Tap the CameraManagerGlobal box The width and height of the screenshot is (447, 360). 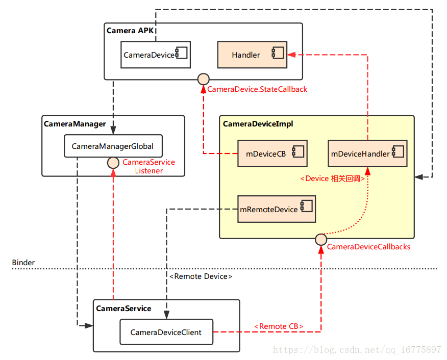point(112,146)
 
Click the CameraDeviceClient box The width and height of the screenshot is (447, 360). point(166,332)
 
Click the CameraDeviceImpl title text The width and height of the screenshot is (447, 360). point(258,124)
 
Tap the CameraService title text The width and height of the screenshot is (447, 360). point(123,308)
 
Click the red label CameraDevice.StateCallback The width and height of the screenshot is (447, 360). point(257,89)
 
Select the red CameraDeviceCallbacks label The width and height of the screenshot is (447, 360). point(368,247)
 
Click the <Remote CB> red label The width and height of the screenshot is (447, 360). point(279,326)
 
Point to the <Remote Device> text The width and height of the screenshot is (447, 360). point(201,276)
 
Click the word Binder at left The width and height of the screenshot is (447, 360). point(23,263)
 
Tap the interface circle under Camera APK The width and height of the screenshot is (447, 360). point(203,79)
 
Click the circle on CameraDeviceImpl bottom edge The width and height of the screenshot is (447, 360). point(320,238)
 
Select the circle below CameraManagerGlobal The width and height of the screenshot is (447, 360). point(113,163)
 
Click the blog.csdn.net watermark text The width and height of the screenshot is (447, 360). point(357,350)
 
